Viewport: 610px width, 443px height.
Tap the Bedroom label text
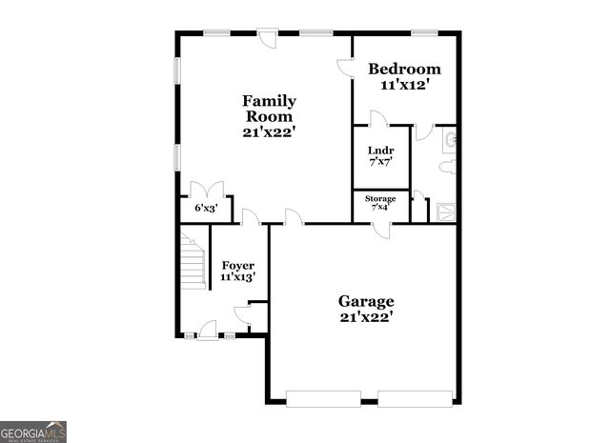(x=405, y=69)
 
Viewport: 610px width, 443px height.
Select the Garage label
(x=365, y=302)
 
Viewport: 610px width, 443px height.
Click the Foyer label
(x=237, y=265)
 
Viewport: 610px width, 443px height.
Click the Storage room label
(x=380, y=198)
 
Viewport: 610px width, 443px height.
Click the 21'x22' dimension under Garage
(x=365, y=317)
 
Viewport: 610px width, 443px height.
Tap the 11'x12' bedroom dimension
(x=405, y=85)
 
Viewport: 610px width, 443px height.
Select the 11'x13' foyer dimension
(x=237, y=277)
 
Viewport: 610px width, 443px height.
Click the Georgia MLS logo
(x=32, y=432)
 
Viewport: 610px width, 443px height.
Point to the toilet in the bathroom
(x=447, y=167)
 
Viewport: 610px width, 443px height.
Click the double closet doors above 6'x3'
(x=207, y=189)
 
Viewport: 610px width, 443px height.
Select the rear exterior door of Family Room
(x=271, y=39)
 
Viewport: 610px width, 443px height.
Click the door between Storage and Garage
(x=381, y=229)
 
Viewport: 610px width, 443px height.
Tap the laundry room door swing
(x=377, y=119)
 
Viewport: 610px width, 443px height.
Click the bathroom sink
(x=450, y=142)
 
